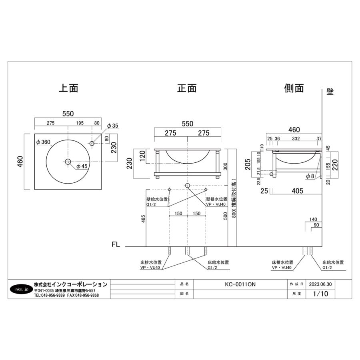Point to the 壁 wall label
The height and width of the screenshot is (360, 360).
click(x=330, y=92)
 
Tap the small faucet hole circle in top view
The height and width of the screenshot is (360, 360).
click(x=92, y=143)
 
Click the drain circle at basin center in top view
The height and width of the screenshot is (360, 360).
click(x=68, y=162)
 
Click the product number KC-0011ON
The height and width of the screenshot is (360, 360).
click(x=240, y=284)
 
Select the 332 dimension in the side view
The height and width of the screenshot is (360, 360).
click(x=296, y=139)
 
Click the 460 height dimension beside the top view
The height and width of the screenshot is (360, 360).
click(x=20, y=162)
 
